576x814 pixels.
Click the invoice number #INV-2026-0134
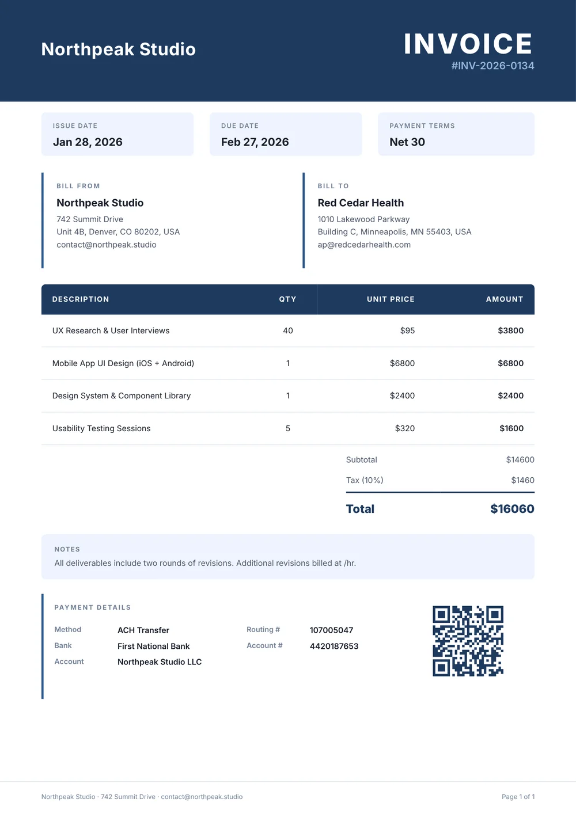coord(492,66)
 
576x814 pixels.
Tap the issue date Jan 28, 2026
coord(88,142)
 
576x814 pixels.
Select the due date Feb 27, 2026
coord(255,142)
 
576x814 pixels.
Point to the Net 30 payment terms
coord(407,142)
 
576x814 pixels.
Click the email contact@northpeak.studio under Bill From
coord(107,245)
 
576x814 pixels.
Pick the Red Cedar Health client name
coord(361,203)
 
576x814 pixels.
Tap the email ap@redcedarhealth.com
coord(364,245)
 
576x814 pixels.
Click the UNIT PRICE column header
coord(391,299)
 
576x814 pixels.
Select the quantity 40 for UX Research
coord(288,331)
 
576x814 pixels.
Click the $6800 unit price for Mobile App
coord(402,363)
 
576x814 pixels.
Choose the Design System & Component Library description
coord(122,396)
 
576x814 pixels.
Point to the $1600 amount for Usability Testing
coord(511,428)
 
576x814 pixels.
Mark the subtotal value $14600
coord(520,460)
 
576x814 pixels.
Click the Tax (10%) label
coord(365,480)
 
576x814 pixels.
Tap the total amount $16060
coord(512,509)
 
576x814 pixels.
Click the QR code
coord(468,641)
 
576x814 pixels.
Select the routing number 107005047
coord(331,630)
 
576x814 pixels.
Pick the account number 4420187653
coord(334,646)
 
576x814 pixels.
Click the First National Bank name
coord(154,646)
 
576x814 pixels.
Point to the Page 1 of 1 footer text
coord(518,797)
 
